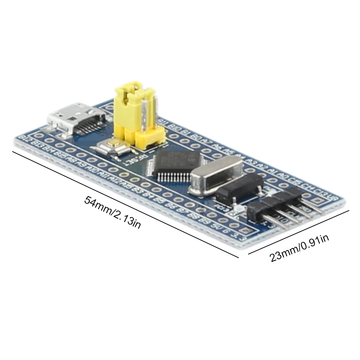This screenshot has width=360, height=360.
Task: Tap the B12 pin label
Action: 26,138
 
